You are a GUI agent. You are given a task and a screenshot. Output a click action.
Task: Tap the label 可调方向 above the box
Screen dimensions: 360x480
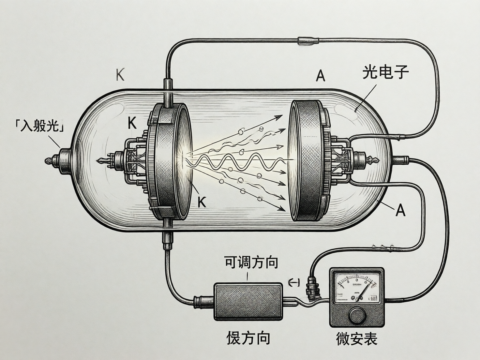(x=251, y=262)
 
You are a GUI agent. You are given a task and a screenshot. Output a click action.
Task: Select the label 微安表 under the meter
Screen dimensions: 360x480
(x=356, y=339)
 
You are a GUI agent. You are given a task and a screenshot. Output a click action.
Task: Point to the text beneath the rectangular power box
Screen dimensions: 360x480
(x=248, y=338)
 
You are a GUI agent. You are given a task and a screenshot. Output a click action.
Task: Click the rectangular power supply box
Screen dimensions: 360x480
(x=248, y=302)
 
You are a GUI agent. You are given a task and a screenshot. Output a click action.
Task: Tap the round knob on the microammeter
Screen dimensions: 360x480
(x=357, y=316)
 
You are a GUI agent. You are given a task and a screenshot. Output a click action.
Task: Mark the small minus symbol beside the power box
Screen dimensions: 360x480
(x=294, y=283)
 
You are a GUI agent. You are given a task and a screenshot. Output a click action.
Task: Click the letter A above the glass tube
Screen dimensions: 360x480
(x=321, y=76)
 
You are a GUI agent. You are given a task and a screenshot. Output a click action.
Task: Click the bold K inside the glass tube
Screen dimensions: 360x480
(x=132, y=123)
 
